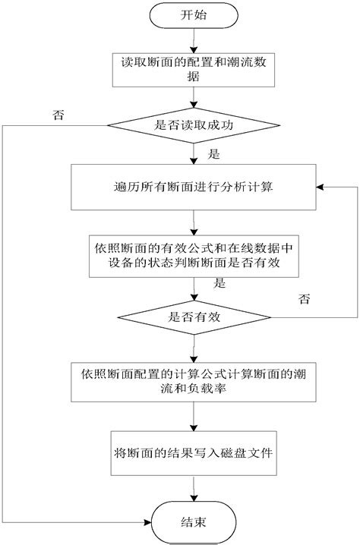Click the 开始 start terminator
[194, 15]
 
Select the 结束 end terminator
[194, 522]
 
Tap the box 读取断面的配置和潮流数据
[194, 70]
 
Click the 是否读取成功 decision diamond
[194, 125]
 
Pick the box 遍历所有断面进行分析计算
[194, 187]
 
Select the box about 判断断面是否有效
[194, 256]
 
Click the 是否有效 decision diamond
[194, 317]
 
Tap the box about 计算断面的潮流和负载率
[194, 383]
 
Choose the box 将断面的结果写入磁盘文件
[194, 453]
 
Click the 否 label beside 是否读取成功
[58, 115]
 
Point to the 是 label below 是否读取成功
[214, 154]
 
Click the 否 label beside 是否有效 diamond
[305, 299]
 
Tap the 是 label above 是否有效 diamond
[219, 283]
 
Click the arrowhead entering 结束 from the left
[148, 522]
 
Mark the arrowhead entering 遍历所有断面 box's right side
[320, 187]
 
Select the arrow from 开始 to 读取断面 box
[194, 41]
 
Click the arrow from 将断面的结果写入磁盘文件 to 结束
[194, 488]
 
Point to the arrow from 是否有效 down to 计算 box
[194, 348]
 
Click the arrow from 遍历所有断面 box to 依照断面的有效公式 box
[194, 222]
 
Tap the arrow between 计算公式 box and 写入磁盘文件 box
[194, 417]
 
